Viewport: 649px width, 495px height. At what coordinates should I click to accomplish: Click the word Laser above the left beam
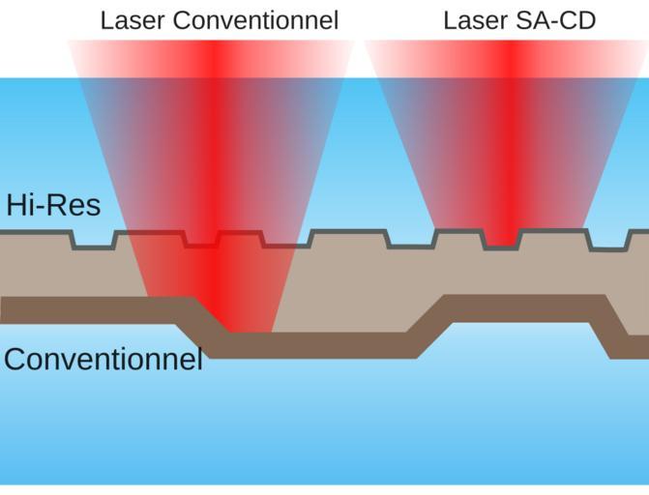pos(131,20)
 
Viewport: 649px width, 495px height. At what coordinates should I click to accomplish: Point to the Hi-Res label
pos(53,205)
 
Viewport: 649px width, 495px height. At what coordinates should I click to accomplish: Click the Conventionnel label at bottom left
pos(103,360)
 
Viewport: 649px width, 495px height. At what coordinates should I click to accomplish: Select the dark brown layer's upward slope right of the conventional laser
pos(431,325)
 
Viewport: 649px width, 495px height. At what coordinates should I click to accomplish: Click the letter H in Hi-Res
pos(15,205)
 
